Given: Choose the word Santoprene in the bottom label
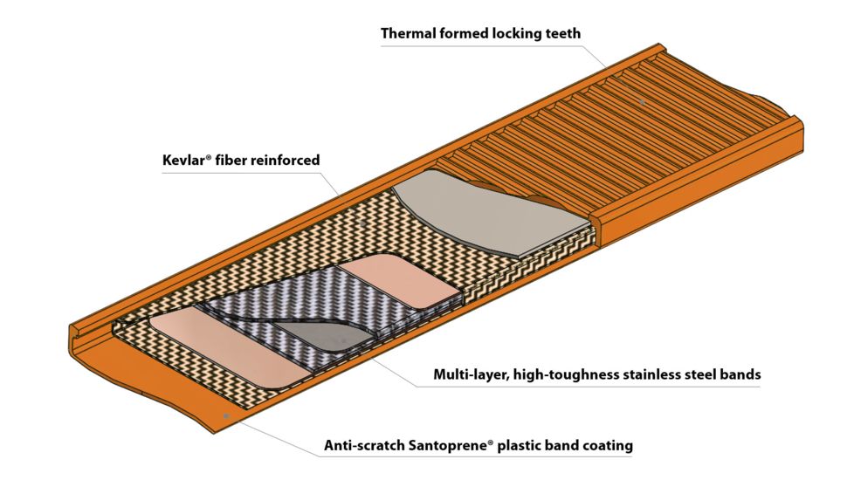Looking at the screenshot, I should click(x=449, y=445).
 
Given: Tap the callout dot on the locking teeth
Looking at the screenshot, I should click(x=643, y=102).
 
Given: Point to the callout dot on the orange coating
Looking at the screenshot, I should click(x=226, y=416).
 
